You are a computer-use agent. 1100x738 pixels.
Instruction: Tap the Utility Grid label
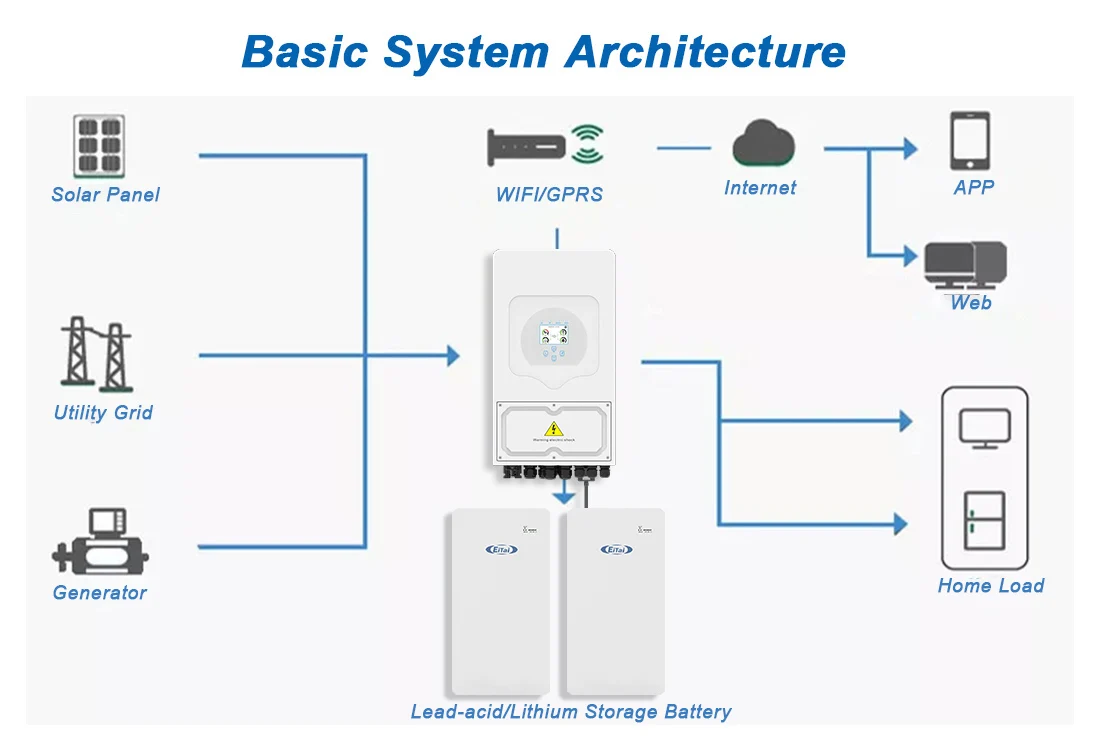coord(103,412)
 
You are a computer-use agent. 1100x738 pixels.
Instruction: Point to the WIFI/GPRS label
coord(549,194)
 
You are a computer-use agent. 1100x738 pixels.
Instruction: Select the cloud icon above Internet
coord(763,144)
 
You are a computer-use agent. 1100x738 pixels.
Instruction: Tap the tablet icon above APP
coord(970,141)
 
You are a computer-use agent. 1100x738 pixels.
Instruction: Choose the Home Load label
coord(990,586)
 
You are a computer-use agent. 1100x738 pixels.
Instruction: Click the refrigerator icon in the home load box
coord(984,520)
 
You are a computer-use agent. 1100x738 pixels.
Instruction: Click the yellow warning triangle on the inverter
coord(553,429)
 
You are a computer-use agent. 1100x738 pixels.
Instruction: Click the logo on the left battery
coord(501,549)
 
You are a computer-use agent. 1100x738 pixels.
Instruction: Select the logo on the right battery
coord(616,549)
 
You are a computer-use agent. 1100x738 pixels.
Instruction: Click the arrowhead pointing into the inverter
coord(453,355)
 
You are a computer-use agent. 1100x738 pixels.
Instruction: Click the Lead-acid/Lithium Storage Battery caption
coord(571,712)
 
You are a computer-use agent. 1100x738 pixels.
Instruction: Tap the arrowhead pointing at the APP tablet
coord(909,149)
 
